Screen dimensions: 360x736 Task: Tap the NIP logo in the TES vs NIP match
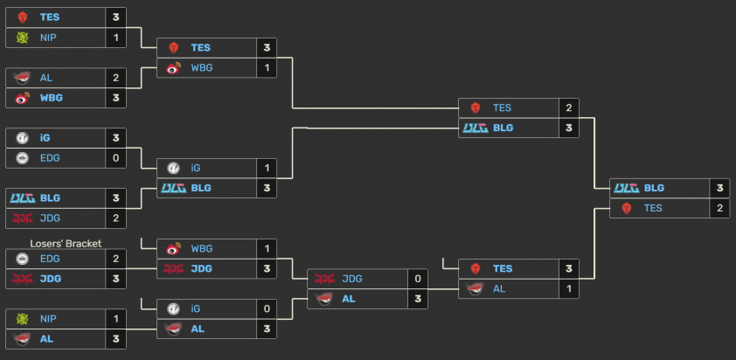[23, 38]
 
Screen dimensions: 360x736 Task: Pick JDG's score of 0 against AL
[416, 279]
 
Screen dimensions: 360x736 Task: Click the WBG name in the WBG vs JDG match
[202, 248]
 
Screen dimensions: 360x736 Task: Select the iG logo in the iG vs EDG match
[23, 137]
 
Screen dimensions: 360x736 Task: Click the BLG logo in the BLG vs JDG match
[22, 198]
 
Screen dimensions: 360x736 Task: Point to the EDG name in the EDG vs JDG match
[49, 259]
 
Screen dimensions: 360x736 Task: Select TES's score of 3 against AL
[569, 268]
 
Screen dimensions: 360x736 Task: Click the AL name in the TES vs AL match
[499, 288]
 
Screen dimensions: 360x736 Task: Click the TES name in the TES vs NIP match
[50, 17]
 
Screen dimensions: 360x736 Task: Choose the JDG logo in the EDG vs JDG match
[23, 279]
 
